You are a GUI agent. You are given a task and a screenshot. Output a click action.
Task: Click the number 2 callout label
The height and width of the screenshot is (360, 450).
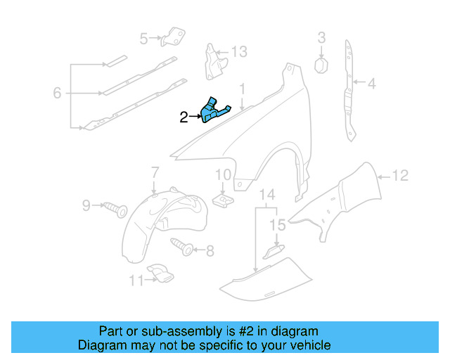point(184,117)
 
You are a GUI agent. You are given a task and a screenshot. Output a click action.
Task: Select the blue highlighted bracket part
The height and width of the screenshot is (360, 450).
point(213,110)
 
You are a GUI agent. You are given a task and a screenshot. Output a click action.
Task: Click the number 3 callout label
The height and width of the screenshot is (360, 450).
point(321,37)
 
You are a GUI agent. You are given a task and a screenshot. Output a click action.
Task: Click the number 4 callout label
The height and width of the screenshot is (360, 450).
point(371,84)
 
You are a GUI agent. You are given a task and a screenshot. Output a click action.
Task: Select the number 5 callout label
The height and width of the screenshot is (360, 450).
point(144,39)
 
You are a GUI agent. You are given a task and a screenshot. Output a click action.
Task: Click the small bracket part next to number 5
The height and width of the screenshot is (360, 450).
point(172,37)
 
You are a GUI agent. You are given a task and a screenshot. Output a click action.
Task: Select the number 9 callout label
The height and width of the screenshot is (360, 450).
point(86,205)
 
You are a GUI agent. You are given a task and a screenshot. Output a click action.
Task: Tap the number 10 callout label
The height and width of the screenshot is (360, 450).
point(223,176)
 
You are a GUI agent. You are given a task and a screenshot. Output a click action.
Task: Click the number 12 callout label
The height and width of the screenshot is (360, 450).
point(399,176)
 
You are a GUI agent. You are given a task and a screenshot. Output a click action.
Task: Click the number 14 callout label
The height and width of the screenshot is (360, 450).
point(267,194)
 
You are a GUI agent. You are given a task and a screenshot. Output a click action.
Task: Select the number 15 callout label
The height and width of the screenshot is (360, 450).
point(279,225)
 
